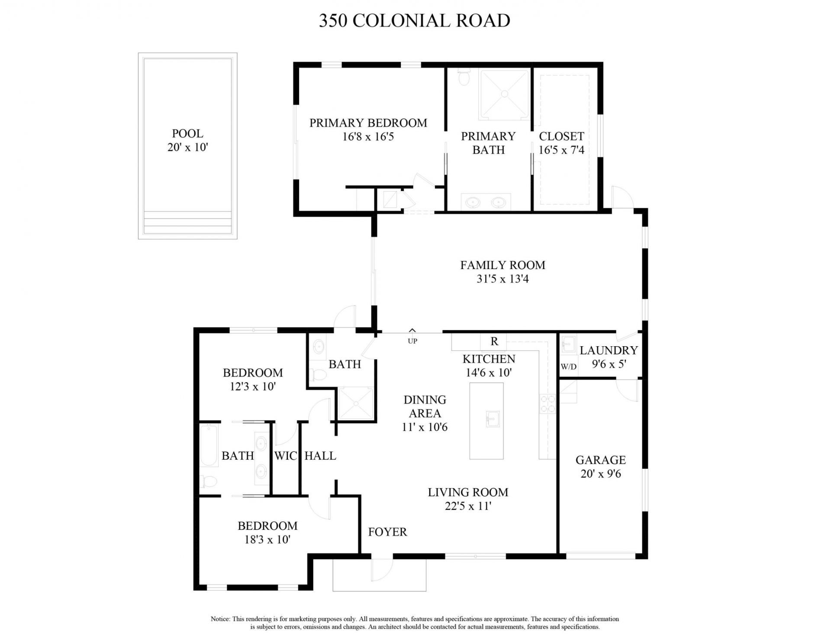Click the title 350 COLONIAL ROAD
click(x=415, y=21)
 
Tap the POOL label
click(x=187, y=133)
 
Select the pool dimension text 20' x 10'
click(x=187, y=147)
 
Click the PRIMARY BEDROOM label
click(x=368, y=123)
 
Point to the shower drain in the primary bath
click(x=504, y=94)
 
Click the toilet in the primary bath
click(x=464, y=78)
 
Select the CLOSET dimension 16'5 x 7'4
click(x=561, y=150)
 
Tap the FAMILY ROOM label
click(x=502, y=265)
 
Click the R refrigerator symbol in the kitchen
click(x=494, y=341)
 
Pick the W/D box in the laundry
click(x=568, y=367)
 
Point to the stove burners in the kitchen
click(x=547, y=404)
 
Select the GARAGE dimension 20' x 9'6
click(x=600, y=474)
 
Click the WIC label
click(x=285, y=456)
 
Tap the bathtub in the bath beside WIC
click(x=209, y=446)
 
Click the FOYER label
click(x=387, y=532)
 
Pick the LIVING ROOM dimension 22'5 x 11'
click(x=468, y=506)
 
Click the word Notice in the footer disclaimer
click(x=220, y=619)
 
